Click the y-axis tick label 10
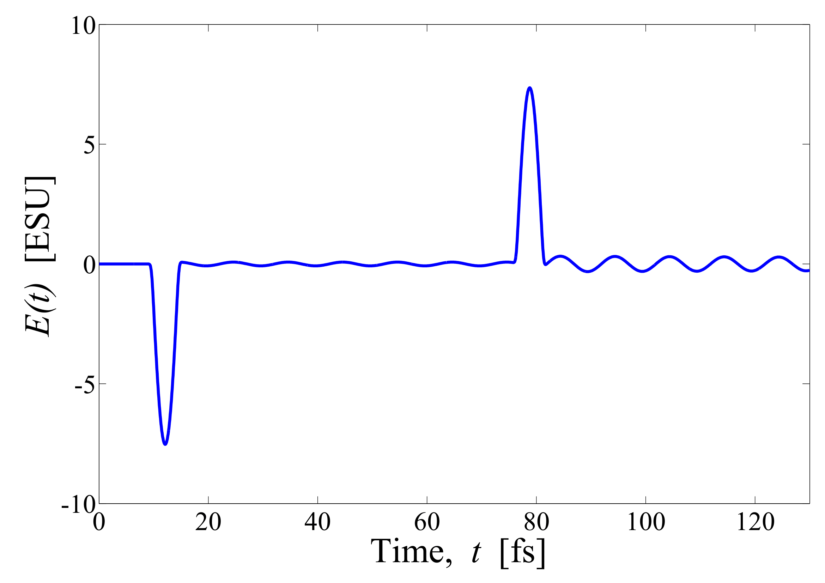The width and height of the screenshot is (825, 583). click(x=83, y=26)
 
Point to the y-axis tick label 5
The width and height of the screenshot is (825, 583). click(x=90, y=145)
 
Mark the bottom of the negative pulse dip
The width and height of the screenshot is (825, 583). click(x=165, y=444)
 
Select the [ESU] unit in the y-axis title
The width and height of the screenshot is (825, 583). click(x=40, y=219)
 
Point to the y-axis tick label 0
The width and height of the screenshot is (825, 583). click(x=90, y=266)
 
